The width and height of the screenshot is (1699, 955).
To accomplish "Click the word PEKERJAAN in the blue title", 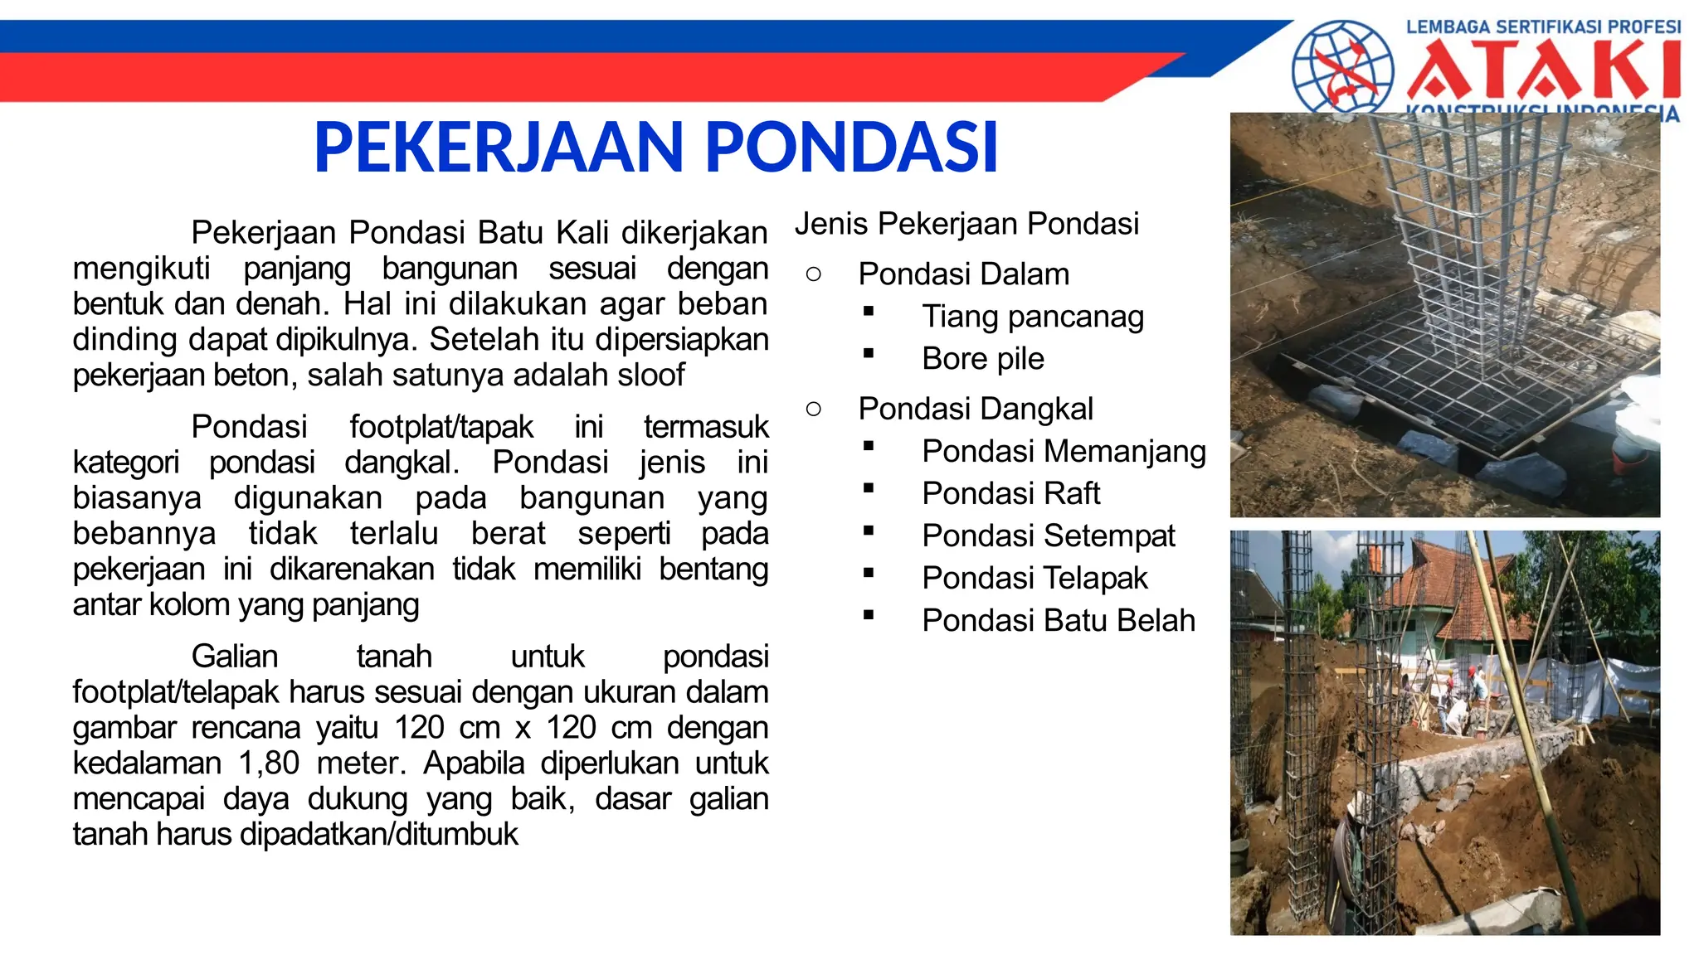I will coord(498,148).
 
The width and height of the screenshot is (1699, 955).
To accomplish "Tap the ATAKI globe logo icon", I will coord(1341,66).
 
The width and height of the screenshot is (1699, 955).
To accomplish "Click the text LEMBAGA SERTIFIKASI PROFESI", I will coord(1542,27).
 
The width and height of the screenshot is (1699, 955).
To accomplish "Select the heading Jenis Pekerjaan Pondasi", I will coord(966,224).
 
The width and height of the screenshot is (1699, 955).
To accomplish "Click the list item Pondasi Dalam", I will coord(963,274).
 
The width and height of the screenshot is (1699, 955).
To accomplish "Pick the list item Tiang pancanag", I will coord(1032,317).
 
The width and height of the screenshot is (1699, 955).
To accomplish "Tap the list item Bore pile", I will coord(982,359).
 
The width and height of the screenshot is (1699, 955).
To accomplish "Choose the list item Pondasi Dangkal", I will coord(975,409).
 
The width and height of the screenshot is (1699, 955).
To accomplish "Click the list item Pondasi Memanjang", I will coord(1064,451).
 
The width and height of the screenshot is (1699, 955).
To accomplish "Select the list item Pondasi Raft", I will coord(1010,493).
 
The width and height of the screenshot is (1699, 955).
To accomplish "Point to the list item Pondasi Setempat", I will coord(1048,536).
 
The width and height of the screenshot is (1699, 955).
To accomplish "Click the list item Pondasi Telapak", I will coord(1034,578).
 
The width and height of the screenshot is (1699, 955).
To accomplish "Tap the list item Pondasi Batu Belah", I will coord(1058,620).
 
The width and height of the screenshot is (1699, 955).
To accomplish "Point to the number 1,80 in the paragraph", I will coord(268,763).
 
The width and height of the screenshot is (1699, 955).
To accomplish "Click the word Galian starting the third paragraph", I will coord(234,657).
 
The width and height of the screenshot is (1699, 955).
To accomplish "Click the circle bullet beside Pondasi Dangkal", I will coord(813,408).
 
